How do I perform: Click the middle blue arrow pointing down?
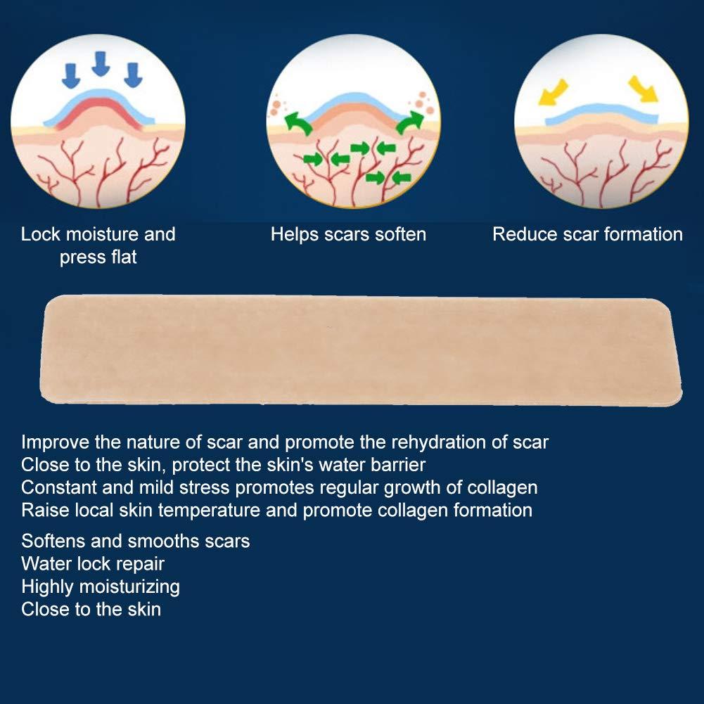point(101,65)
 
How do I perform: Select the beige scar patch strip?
point(362,350)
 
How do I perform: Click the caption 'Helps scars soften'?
point(348,234)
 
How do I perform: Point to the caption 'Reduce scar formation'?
point(587,234)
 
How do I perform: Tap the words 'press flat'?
point(98,257)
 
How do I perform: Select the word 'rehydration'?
point(443,442)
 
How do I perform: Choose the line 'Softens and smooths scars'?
point(136,541)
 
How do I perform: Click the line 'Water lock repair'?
point(93,563)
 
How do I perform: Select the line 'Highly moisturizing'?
point(101,586)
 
